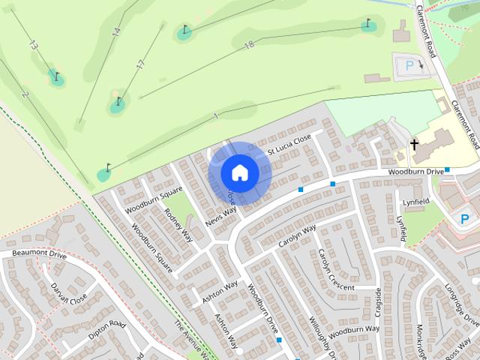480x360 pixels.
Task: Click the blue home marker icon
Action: tap(239, 172)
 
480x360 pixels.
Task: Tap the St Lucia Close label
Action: tap(289, 145)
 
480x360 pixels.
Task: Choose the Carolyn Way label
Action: tap(298, 236)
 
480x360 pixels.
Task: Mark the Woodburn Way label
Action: tap(354, 329)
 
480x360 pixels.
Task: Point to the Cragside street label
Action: tap(379, 303)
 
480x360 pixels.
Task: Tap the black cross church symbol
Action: tap(413, 143)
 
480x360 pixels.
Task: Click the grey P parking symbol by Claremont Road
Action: tap(409, 66)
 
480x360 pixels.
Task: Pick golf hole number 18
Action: tap(250, 46)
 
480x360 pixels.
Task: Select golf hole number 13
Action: tap(33, 45)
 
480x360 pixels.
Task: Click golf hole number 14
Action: tap(116, 32)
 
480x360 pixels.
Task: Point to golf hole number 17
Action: tap(140, 64)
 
